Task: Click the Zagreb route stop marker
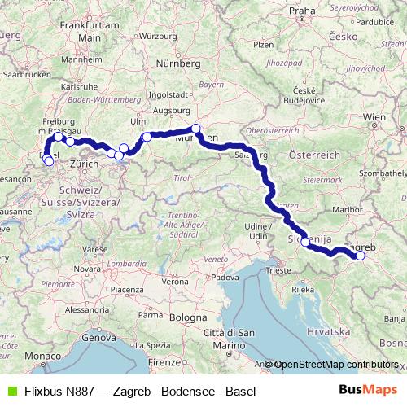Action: point(361,256)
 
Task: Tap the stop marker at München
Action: point(195,128)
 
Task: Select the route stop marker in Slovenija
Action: point(305,242)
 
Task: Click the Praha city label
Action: point(301,11)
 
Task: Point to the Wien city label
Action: point(373,117)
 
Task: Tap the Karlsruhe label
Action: point(79,85)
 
